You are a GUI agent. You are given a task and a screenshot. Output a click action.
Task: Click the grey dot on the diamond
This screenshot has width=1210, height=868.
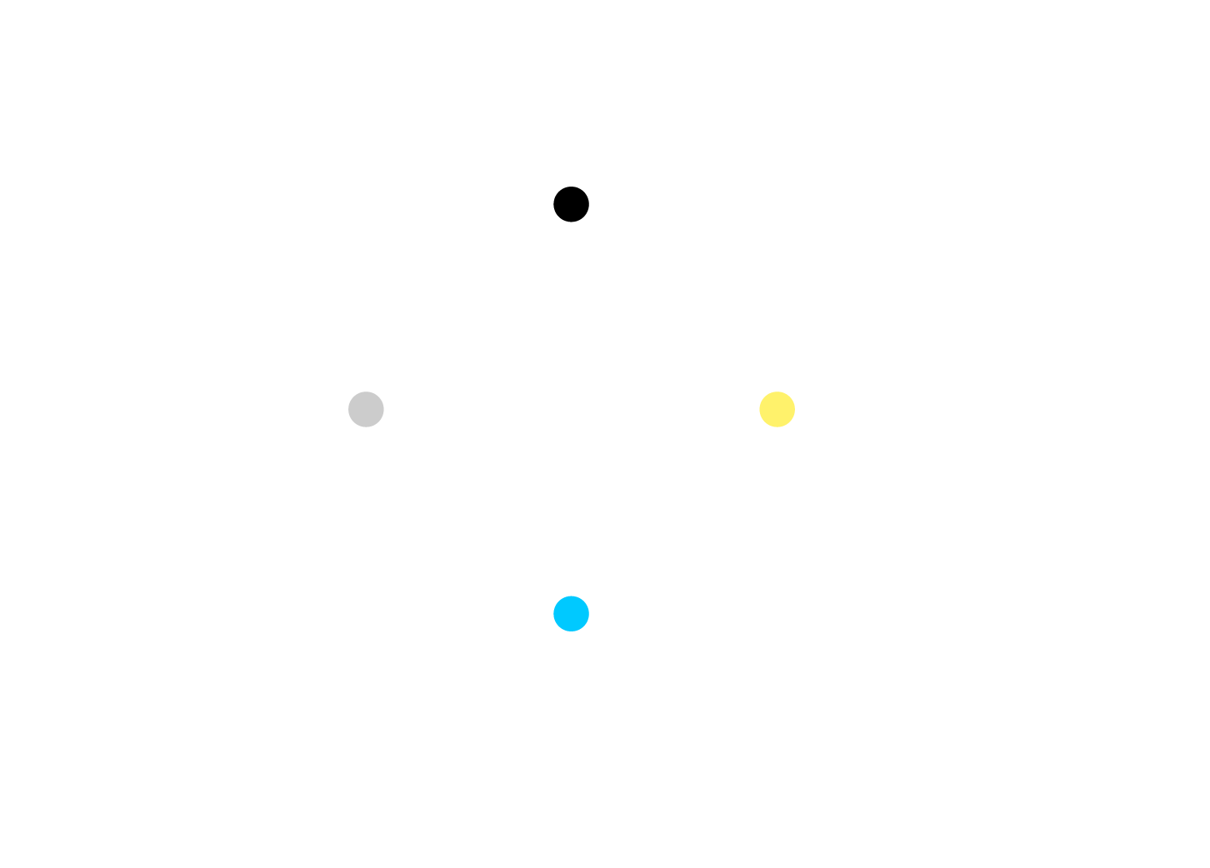[366, 409]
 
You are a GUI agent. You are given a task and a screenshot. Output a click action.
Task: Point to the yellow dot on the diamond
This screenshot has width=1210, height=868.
[777, 409]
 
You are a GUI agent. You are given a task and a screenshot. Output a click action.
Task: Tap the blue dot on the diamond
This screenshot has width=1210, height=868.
[571, 614]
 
